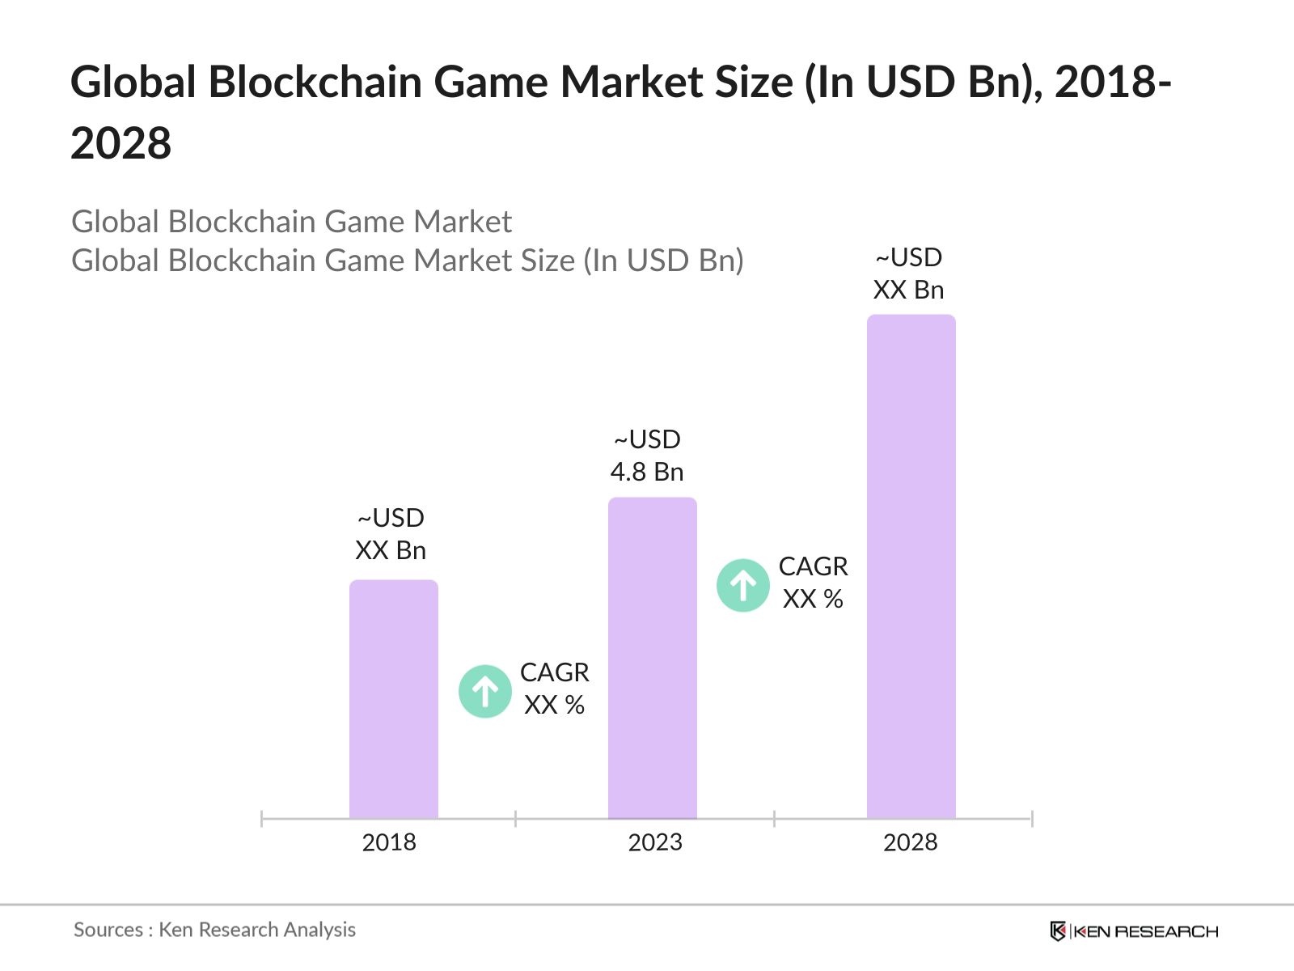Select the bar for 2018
pyautogui.click(x=393, y=700)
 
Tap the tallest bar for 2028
pyautogui.click(x=911, y=566)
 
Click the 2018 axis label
pyautogui.click(x=389, y=842)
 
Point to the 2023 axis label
pyautogui.click(x=655, y=842)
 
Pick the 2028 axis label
pyautogui.click(x=910, y=842)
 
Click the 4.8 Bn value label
pyautogui.click(x=647, y=472)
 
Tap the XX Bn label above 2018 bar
pyautogui.click(x=391, y=550)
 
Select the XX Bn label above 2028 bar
pyautogui.click(x=908, y=290)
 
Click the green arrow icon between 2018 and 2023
pyautogui.click(x=484, y=692)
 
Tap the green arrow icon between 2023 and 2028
pyautogui.click(x=742, y=585)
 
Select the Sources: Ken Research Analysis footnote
pyautogui.click(x=214, y=930)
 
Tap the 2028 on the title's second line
pyautogui.click(x=121, y=144)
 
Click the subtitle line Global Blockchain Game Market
pyautogui.click(x=291, y=222)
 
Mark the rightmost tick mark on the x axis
pyautogui.click(x=1032, y=819)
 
